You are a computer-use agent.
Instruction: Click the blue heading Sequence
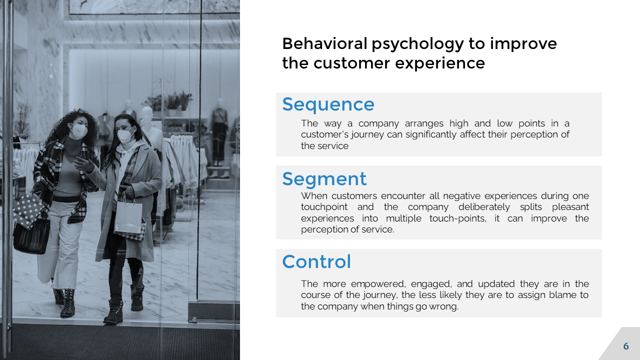[x=328, y=105]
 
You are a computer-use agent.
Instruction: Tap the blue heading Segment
[x=324, y=179]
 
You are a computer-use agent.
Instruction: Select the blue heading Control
[x=316, y=261]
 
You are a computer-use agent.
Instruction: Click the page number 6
[x=626, y=346]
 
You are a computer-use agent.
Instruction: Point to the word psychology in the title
[x=417, y=44]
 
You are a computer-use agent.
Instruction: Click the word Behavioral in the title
[x=324, y=43]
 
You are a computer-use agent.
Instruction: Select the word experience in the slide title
[x=440, y=63]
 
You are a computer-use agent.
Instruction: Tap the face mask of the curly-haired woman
[x=78, y=131]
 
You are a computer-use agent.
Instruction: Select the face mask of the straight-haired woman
[x=124, y=135]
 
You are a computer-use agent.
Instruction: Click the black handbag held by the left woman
[x=31, y=236]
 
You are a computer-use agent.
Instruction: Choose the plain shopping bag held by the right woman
[x=128, y=217]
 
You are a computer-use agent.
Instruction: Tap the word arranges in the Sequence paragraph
[x=424, y=123]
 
